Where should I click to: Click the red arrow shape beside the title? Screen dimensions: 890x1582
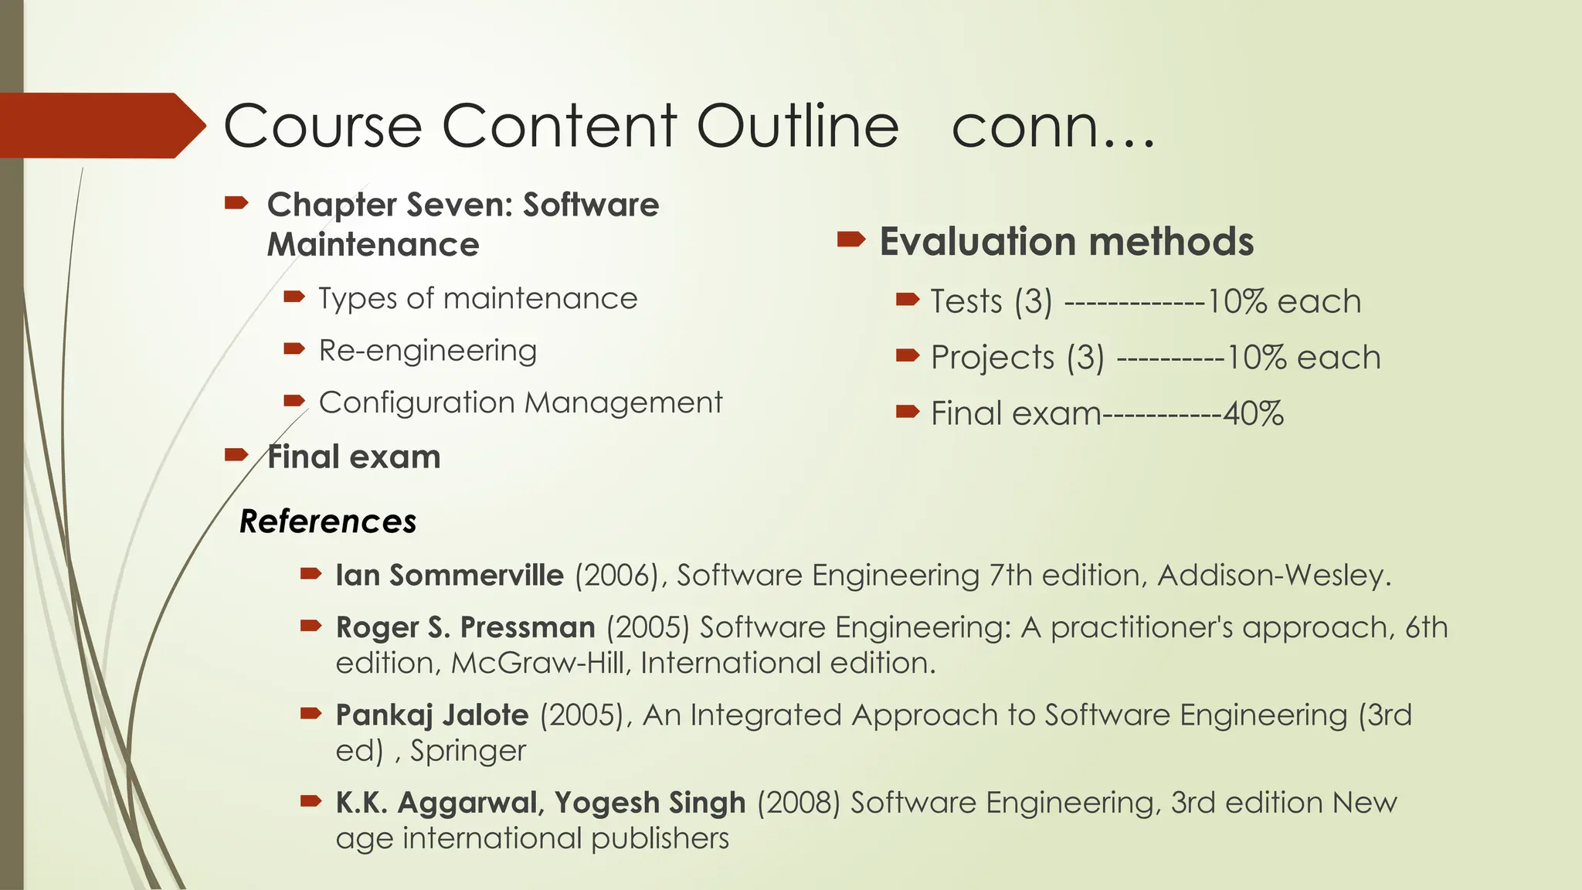[100, 125]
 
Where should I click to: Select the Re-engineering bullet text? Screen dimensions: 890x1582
[427, 351]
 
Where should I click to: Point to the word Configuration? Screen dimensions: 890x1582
[416, 403]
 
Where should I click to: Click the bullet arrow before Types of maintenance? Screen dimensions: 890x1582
[294, 297]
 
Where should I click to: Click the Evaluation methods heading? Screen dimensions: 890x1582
[1066, 242]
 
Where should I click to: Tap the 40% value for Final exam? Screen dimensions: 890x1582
[1253, 413]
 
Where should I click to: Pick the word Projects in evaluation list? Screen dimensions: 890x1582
[992, 358]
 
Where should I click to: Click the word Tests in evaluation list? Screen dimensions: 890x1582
[966, 301]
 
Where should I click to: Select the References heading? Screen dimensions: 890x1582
[328, 521]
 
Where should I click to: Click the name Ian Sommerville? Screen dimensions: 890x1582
[449, 576]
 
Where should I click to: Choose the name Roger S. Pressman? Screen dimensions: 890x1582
[465, 627]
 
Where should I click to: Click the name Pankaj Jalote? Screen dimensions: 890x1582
[432, 715]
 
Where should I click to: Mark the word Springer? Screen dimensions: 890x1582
[467, 751]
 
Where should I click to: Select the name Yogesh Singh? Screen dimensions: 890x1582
[650, 803]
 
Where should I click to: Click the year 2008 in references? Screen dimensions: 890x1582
[799, 803]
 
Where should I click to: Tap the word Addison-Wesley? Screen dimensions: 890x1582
[1274, 576]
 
